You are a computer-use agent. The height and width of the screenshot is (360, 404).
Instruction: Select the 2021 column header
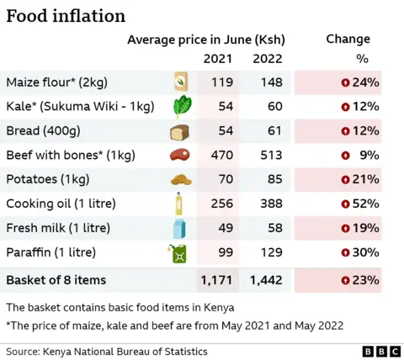[218, 59]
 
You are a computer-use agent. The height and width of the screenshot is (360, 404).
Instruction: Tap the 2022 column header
[268, 59]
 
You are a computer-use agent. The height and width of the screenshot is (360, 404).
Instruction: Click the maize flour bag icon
[180, 82]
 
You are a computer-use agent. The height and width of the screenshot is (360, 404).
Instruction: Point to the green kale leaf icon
[181, 107]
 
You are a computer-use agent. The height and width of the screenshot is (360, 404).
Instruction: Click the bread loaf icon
[180, 132]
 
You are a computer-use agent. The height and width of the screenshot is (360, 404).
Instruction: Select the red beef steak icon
[180, 156]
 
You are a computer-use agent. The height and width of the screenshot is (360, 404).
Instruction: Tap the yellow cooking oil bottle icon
[179, 204]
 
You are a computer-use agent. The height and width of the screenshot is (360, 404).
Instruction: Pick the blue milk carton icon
[179, 228]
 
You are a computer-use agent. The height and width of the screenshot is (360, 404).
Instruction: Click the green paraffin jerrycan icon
[180, 252]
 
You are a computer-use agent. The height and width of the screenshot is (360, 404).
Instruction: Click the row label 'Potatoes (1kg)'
[47, 179]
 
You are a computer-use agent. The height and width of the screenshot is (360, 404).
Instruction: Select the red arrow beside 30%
[345, 252]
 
